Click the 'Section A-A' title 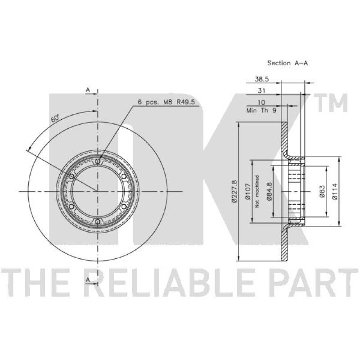[x=288, y=63]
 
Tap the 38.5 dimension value [x=262, y=79]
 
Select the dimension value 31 [x=261, y=91]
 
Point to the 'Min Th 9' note [x=261, y=110]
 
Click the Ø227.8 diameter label [x=234, y=191]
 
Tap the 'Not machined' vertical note [x=257, y=192]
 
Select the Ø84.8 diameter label [x=269, y=191]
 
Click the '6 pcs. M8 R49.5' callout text [x=166, y=102]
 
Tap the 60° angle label [x=55, y=118]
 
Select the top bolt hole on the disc [x=98, y=161]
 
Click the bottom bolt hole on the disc [x=98, y=221]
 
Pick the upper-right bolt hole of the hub [x=124, y=176]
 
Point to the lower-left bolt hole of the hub [x=72, y=207]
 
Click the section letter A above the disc [x=87, y=90]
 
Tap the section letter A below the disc [x=87, y=279]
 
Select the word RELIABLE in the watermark [x=170, y=283]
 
